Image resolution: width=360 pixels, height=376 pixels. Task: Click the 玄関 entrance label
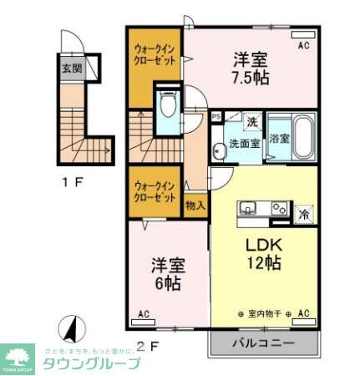click(x=72, y=68)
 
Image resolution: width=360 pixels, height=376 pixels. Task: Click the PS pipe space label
click(x=215, y=118)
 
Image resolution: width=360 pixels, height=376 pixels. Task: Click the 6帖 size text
click(x=167, y=282)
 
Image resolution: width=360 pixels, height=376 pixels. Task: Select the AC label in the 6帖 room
click(x=143, y=314)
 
